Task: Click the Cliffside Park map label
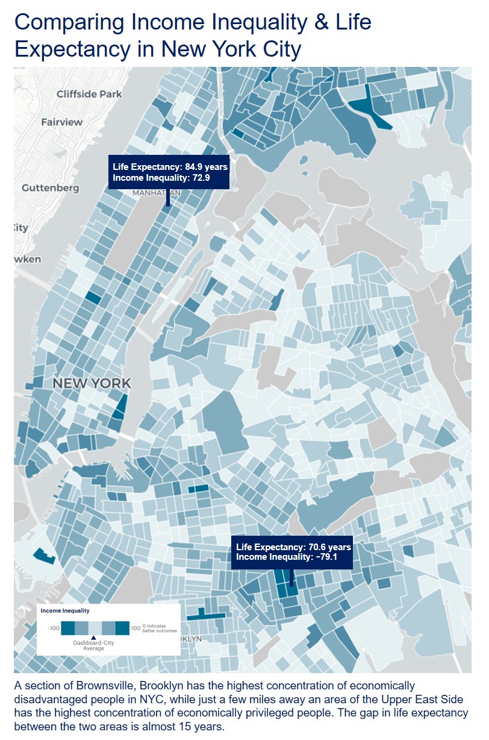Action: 89,94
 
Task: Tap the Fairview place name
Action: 61,122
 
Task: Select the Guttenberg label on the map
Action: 50,188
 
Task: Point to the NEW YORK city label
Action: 92,383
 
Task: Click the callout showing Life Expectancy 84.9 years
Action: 169,172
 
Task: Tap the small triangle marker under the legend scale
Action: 93,638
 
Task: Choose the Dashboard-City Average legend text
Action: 93,645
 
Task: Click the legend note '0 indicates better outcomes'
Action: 156,629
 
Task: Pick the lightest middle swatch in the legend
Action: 95,627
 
